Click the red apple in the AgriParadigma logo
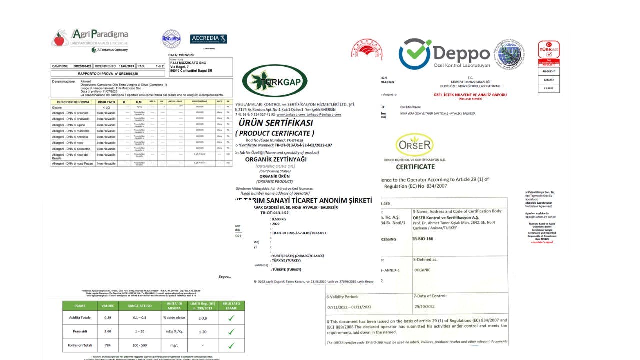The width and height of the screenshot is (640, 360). [x=60, y=38]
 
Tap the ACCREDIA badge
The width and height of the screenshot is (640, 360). [x=208, y=39]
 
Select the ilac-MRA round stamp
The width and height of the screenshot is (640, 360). [x=171, y=39]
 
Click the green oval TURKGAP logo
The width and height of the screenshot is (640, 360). [x=274, y=81]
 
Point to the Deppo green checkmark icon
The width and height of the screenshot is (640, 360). [x=415, y=54]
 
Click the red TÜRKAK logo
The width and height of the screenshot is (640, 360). [x=548, y=50]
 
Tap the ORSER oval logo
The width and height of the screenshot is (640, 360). [x=414, y=145]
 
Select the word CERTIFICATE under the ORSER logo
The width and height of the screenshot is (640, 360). [x=415, y=167]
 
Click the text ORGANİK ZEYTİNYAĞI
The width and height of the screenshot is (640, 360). [x=275, y=159]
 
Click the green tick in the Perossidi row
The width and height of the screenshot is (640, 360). [x=231, y=331]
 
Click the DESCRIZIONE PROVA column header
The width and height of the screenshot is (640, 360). [x=72, y=101]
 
